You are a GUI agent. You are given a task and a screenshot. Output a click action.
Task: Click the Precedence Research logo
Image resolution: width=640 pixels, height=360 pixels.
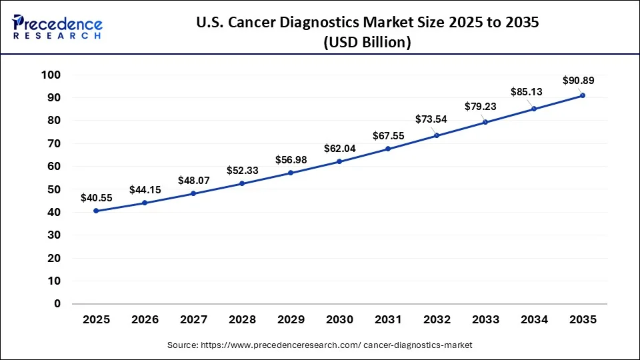pos(57,27)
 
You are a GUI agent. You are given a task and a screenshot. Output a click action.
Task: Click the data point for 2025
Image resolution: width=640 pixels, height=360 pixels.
pos(97,211)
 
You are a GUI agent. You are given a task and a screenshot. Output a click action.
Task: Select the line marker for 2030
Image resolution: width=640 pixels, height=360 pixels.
pos(339,161)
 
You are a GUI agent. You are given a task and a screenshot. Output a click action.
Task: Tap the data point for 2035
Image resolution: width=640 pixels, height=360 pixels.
pos(583,95)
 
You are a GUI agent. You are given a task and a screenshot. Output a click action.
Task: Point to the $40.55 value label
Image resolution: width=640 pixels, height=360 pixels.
pos(96,198)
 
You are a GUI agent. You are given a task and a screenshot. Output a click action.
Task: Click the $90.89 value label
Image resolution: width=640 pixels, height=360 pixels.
pos(577,81)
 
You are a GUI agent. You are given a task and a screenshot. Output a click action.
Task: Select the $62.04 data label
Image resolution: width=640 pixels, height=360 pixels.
pos(339,148)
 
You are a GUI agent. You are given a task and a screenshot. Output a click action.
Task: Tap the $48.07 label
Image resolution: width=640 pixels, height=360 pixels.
pos(193,181)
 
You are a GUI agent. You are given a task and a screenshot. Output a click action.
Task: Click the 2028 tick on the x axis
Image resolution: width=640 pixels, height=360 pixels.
pos(242,320)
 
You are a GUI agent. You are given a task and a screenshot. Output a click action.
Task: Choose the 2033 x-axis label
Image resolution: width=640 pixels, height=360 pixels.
pos(485,320)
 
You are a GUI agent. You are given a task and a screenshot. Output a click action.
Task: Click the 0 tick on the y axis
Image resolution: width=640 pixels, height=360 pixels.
pos(57,303)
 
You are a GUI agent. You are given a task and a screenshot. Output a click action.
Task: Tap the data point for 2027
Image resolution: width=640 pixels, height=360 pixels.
pos(193,193)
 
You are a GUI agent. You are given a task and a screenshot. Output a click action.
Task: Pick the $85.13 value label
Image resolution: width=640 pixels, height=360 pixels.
pos(527,92)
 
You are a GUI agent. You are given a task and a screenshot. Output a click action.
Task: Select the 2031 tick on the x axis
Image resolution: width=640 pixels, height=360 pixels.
pos(388,320)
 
